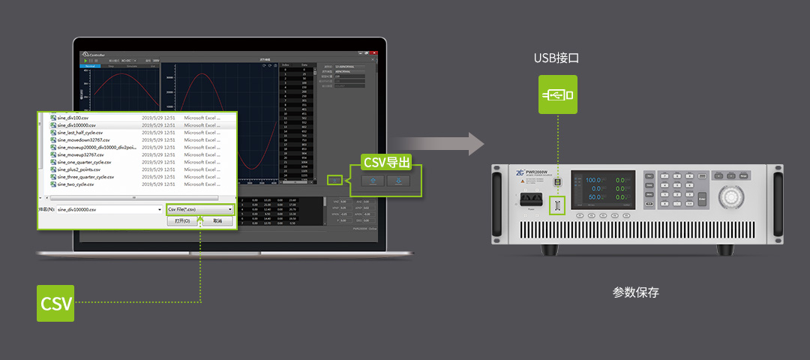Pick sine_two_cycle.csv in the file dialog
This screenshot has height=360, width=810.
(76, 184)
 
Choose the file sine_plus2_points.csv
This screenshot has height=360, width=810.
(79, 169)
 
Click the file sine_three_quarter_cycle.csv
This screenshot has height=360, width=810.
(85, 176)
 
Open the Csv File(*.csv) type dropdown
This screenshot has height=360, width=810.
(199, 209)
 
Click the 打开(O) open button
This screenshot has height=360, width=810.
(183, 221)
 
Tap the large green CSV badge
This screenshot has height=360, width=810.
(55, 303)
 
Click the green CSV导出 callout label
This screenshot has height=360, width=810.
(386, 162)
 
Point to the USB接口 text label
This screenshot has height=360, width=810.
(556, 58)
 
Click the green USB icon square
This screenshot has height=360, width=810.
(557, 95)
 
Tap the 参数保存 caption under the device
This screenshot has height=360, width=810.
(635, 292)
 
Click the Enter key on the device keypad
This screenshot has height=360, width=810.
(702, 199)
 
